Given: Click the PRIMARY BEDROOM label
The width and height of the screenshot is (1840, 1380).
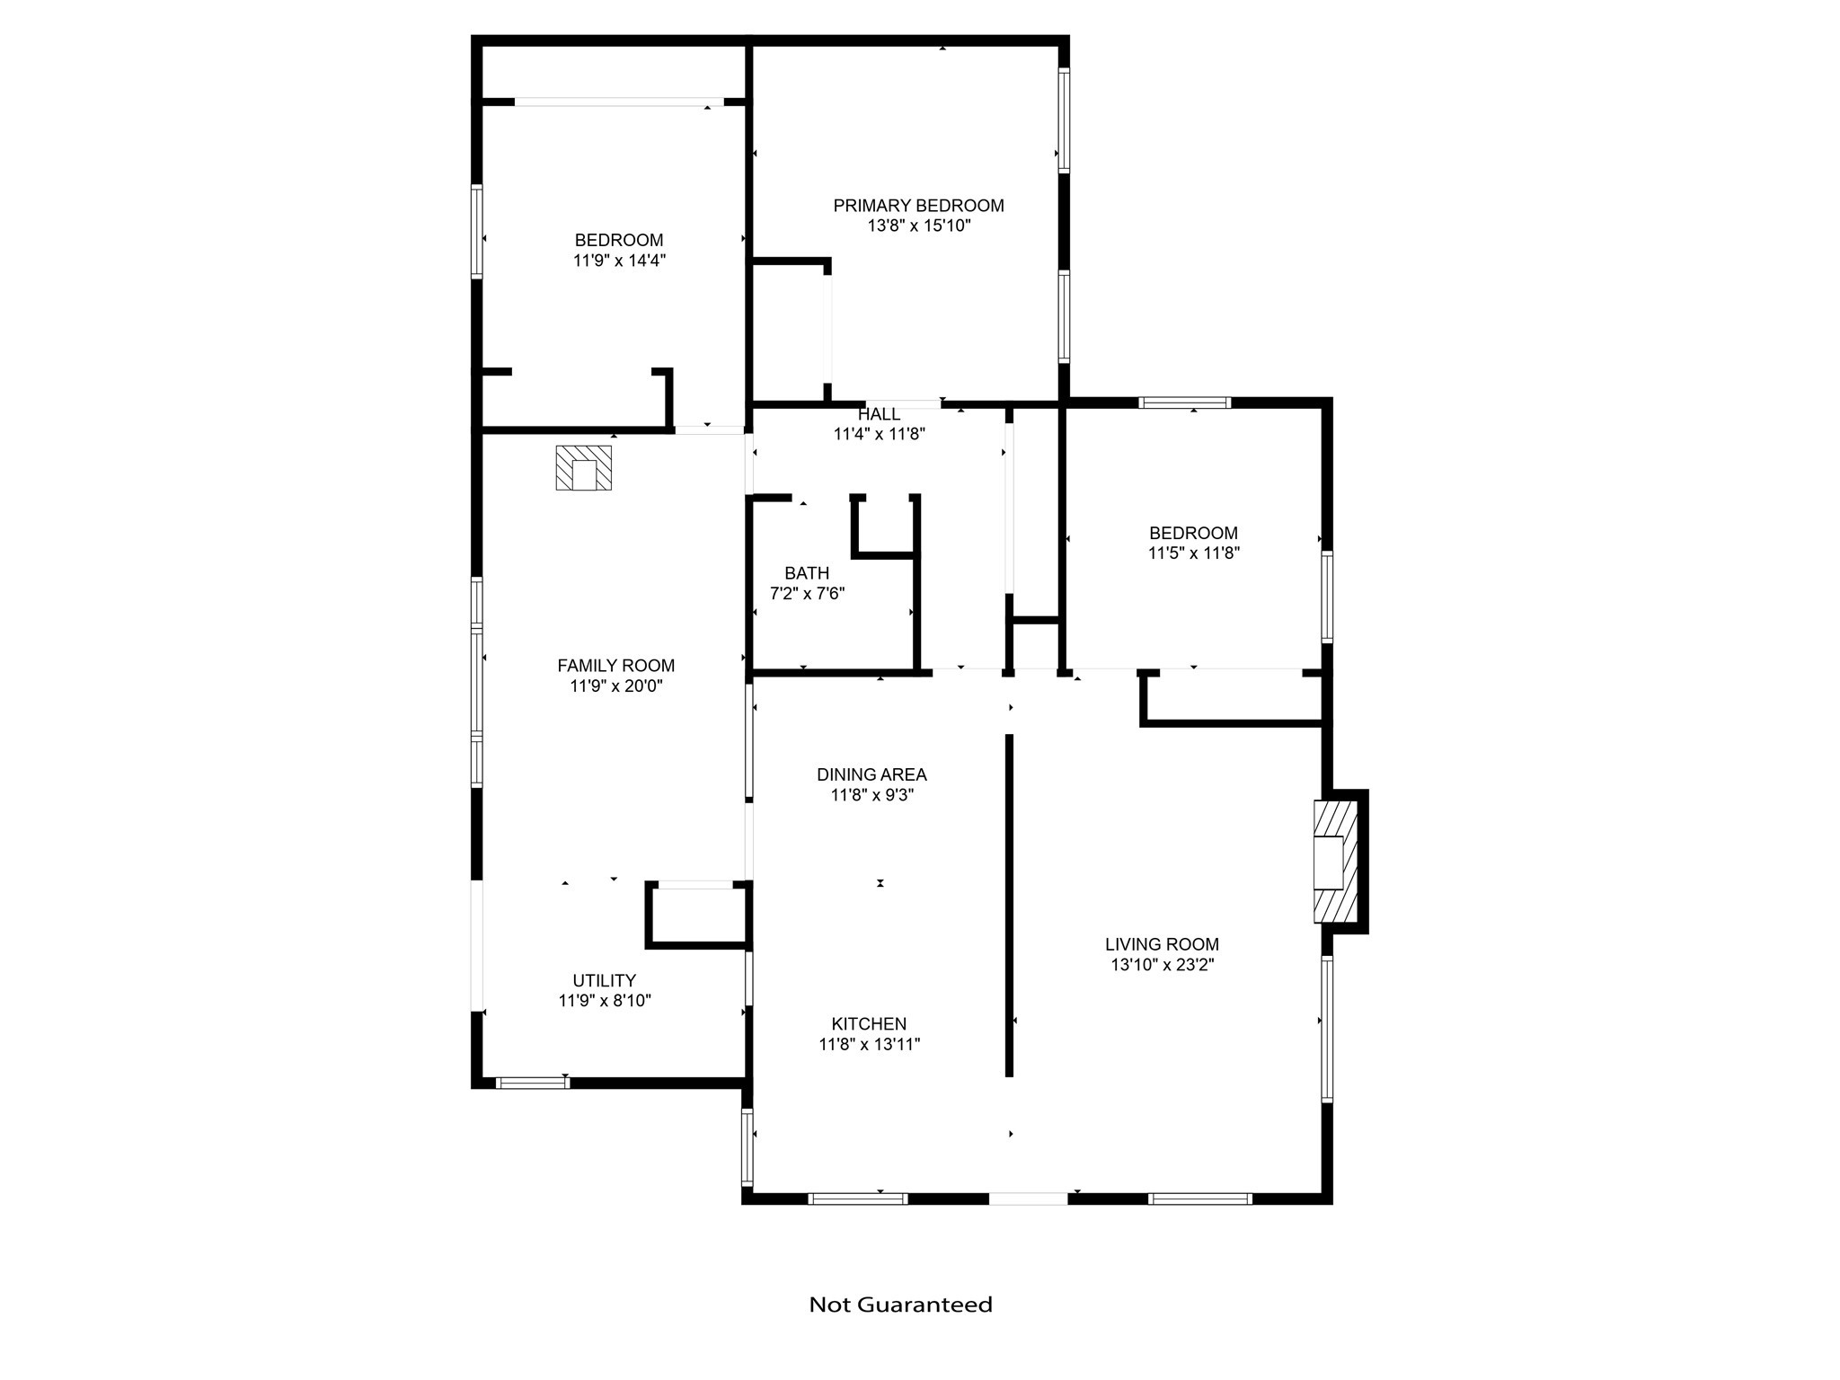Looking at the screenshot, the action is [918, 206].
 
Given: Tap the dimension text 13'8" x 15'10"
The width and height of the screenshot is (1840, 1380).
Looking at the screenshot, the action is [919, 226].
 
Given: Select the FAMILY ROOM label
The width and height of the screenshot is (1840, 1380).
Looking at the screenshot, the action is [615, 666].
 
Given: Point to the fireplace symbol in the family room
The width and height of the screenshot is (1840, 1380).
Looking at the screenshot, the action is [583, 467].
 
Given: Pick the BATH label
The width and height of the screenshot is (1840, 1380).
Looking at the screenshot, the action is [807, 573].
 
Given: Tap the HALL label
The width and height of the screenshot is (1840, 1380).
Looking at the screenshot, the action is [879, 414].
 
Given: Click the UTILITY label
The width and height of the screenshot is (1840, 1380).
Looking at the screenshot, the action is [605, 980].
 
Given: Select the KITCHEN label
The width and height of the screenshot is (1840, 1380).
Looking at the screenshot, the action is [869, 1023].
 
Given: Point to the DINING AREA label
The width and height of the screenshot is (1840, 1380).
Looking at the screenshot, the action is [871, 774].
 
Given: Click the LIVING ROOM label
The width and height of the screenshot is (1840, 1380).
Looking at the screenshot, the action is [1162, 944].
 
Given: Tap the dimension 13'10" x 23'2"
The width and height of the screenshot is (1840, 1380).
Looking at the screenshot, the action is [1162, 965].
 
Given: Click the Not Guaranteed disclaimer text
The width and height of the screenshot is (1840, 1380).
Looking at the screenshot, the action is [900, 1305].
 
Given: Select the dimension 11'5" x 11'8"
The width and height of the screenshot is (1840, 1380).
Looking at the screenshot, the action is [1193, 553].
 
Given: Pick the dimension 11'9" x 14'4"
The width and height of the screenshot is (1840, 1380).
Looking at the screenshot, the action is [619, 261].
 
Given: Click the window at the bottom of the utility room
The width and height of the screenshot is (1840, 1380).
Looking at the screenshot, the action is [533, 1083].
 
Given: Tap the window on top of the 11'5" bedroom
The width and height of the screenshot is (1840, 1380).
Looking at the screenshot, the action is [1184, 402].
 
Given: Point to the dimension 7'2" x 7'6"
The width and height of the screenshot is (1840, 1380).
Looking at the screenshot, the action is [807, 594].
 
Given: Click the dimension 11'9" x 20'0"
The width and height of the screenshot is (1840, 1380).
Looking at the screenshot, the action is [615, 686].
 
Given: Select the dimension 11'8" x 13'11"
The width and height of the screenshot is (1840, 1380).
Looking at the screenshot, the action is [869, 1044].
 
